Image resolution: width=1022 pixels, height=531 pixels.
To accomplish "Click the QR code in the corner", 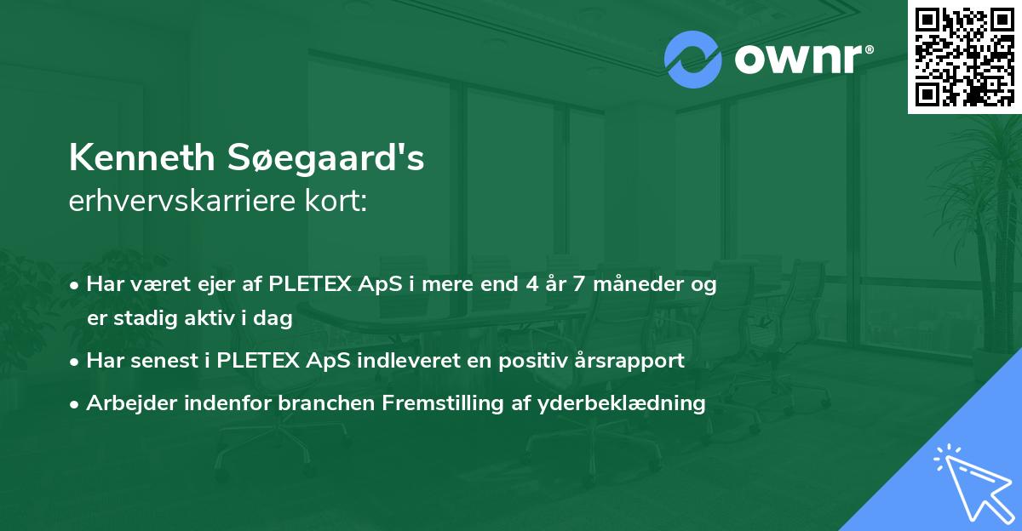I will pos(964,56).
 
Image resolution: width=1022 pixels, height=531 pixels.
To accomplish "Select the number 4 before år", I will pos(524,284).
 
